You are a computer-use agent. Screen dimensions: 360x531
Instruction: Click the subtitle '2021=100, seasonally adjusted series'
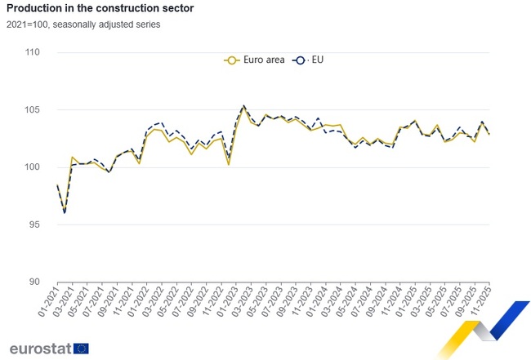point(84,24)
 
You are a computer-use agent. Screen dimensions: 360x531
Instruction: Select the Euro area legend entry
point(254,60)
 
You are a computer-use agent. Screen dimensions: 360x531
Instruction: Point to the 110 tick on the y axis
point(33,52)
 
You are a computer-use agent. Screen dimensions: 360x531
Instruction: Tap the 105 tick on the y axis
point(33,110)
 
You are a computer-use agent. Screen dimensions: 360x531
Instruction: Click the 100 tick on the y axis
point(33,167)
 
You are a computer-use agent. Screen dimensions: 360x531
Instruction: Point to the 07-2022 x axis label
point(181,304)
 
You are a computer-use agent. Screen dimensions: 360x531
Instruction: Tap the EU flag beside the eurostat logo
point(81,349)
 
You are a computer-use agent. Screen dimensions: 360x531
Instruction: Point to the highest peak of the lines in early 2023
point(243,105)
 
